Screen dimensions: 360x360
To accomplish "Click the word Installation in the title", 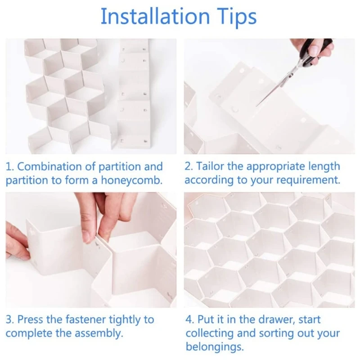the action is coord(155,16).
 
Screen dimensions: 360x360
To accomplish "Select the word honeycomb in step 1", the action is coord(131,180).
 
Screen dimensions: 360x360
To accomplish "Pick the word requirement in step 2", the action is coord(308,180).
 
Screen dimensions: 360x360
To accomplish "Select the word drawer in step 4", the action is coord(276,319).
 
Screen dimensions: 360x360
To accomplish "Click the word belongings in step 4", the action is coord(215,346).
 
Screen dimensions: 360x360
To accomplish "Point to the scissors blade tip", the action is coord(256,106).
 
